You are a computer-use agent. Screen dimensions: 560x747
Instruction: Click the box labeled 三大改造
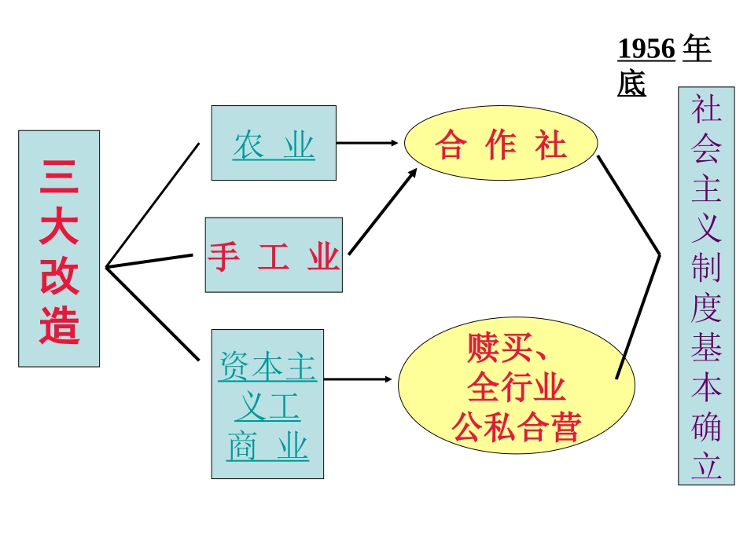[x=59, y=248]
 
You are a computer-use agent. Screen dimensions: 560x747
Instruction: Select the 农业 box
[x=274, y=143]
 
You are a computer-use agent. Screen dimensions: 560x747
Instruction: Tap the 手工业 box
[x=274, y=254]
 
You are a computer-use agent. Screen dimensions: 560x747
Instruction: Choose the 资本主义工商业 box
[x=267, y=404]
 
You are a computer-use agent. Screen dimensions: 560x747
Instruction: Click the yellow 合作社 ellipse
[x=501, y=143]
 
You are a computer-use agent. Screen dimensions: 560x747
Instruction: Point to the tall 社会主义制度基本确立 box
[x=706, y=286]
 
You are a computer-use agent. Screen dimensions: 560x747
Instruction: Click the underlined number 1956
[x=646, y=49]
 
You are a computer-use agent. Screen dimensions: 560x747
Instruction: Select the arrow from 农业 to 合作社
[x=368, y=143]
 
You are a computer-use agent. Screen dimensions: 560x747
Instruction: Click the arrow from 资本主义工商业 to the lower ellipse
[x=358, y=379]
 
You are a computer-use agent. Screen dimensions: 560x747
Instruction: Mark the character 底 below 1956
[x=631, y=83]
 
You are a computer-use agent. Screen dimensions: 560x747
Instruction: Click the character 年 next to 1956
[x=697, y=49]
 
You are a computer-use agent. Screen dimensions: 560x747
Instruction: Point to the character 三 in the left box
[x=60, y=178]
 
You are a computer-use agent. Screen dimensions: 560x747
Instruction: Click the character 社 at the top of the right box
[x=706, y=108]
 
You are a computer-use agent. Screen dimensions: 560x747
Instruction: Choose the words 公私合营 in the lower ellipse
[x=516, y=426]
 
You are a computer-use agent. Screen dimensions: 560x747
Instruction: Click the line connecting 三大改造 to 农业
[x=153, y=205]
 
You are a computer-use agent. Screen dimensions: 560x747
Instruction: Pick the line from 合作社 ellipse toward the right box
[x=628, y=204]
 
